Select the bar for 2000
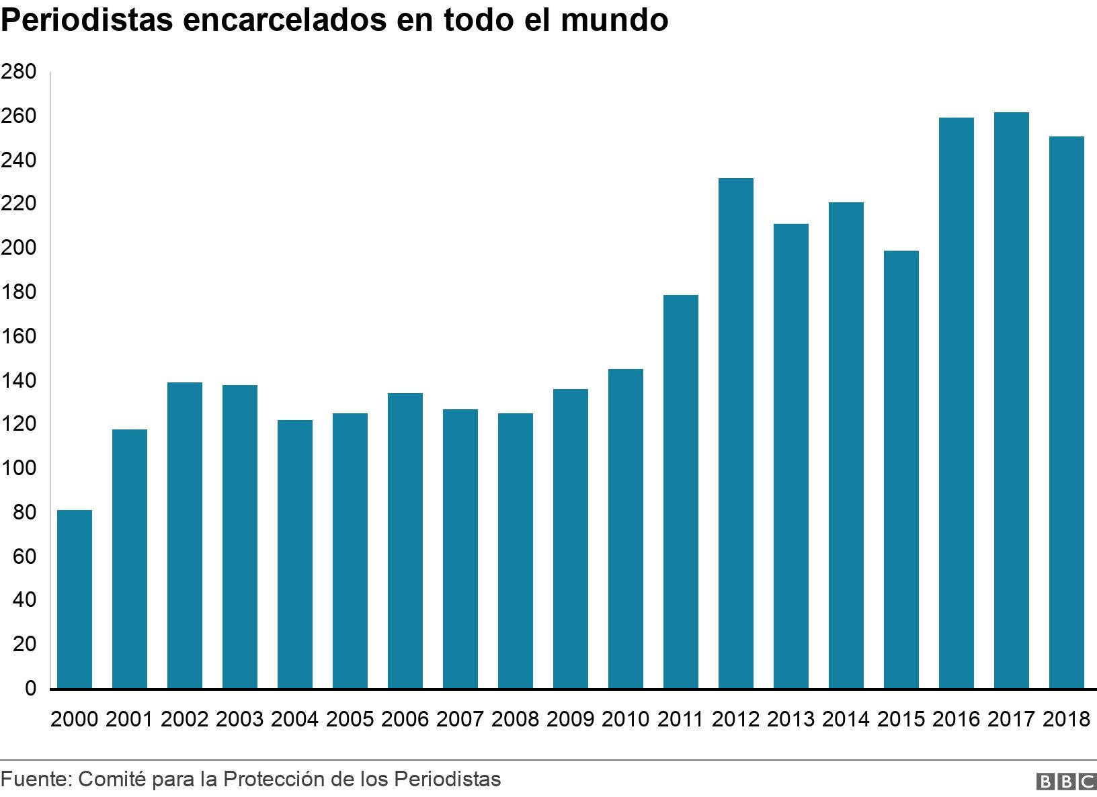tap(75, 599)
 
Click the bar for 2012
tap(736, 433)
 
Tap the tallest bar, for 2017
tap(1012, 400)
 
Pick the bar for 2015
tap(901, 469)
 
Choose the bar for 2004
tap(295, 554)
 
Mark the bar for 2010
tap(626, 528)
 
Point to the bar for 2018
tap(1067, 412)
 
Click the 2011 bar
tap(681, 491)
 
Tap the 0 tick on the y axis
tap(30, 689)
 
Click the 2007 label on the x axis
tap(460, 719)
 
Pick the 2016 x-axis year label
tap(956, 719)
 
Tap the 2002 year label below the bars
tap(184, 719)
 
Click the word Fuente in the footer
tap(34, 779)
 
